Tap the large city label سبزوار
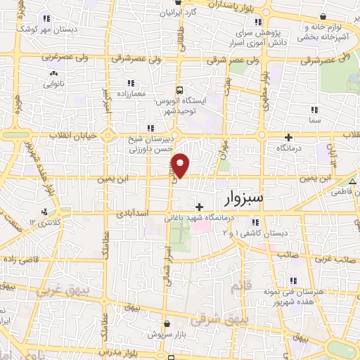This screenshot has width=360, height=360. [243, 199]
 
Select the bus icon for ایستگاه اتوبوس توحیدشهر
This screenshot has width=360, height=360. [180, 90]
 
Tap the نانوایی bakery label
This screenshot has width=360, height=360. [53, 82]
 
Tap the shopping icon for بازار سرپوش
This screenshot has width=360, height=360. [168, 324]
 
